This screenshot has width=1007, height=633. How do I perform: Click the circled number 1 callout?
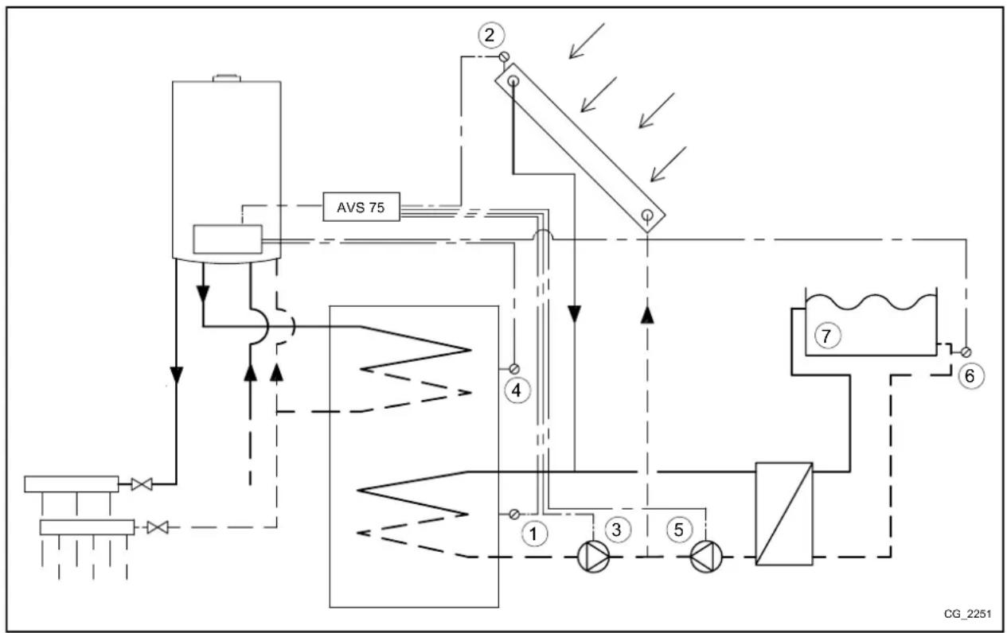tap(535, 535)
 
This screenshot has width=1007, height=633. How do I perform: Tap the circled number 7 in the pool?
tap(826, 337)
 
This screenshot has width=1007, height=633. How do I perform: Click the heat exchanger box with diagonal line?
tap(784, 514)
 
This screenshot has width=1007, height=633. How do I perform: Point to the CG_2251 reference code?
tap(967, 614)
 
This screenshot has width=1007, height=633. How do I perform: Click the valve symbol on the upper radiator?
tap(142, 483)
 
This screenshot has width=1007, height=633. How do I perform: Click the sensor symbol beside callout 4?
tap(514, 368)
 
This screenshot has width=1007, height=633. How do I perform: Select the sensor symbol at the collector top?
tap(503, 56)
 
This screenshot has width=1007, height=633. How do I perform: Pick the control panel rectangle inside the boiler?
tap(227, 239)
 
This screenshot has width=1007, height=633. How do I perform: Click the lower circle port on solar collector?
tap(649, 215)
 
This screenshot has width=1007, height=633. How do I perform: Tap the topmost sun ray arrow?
tap(587, 41)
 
